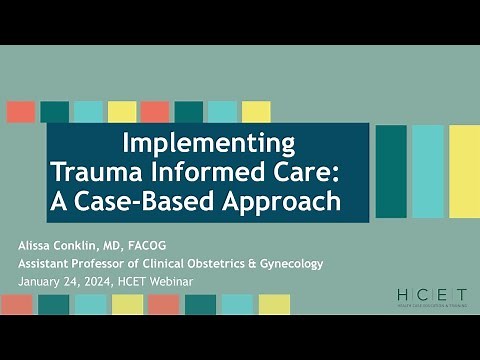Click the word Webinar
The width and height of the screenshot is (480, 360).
tap(169, 281)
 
